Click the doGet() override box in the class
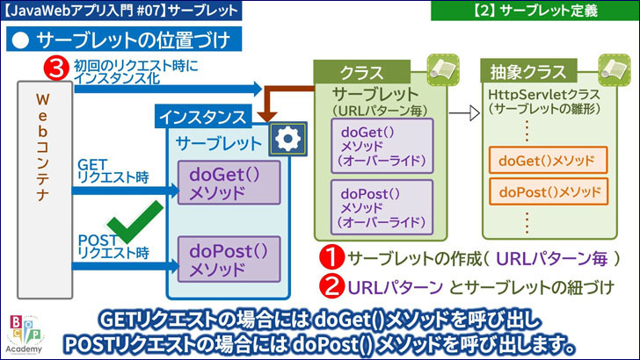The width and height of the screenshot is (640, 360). tap(382, 144)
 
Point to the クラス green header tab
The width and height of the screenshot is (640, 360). tap(360, 72)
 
